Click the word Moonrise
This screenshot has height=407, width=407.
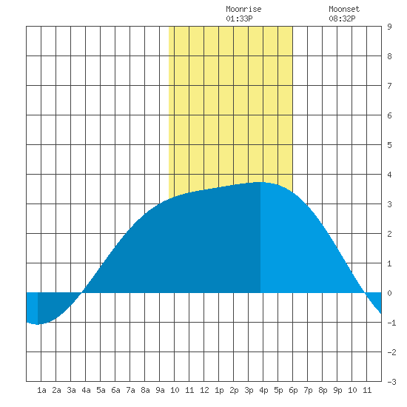[243, 9]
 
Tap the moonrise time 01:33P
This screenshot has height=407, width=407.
[239, 18]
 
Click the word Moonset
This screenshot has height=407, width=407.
[344, 9]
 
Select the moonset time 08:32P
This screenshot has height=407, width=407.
[342, 18]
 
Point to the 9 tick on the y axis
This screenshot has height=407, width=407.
[389, 27]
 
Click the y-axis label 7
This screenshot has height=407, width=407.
[389, 86]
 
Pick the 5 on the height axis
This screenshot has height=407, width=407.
[389, 145]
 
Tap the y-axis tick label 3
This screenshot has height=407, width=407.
[389, 204]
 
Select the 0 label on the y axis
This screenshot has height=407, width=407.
[389, 293]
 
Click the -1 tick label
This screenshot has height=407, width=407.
[391, 323]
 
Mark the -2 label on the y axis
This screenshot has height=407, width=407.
[391, 352]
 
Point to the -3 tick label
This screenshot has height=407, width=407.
[391, 382]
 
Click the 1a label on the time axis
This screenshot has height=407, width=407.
[41, 390]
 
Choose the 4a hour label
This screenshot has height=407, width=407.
[86, 390]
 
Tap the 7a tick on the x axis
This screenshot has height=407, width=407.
[130, 390]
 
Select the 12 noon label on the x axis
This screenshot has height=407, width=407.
[204, 390]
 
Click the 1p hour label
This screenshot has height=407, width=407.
[219, 390]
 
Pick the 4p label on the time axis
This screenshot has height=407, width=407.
[263, 390]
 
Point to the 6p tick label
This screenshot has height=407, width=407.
[293, 390]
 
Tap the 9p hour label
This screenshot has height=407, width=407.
[337, 390]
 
